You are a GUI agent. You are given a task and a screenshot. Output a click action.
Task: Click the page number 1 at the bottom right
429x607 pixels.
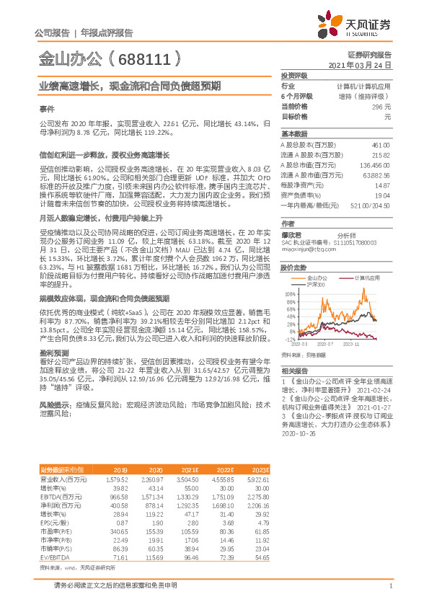click(390, 585)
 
